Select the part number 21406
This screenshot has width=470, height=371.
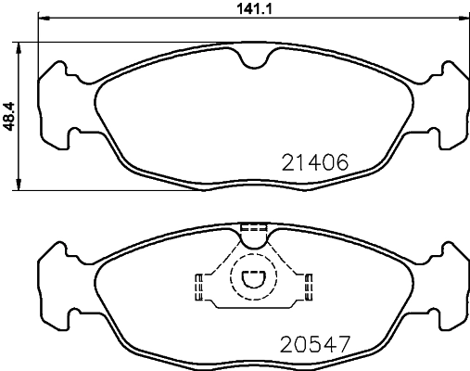click(x=314, y=161)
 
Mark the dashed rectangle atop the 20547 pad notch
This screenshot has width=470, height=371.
click(x=253, y=227)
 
